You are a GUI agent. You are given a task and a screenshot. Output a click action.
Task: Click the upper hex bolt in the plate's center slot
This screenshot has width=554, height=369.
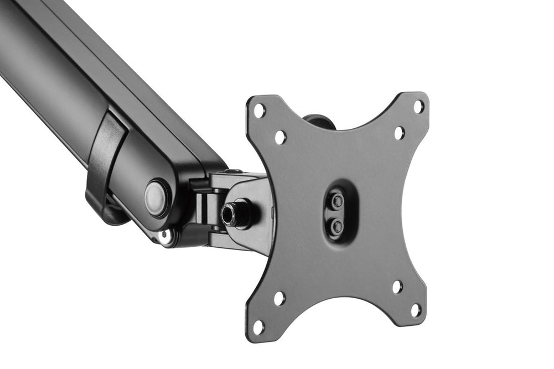tap(336, 201)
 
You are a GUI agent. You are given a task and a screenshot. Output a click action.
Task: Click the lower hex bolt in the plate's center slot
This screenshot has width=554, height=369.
tap(336, 225)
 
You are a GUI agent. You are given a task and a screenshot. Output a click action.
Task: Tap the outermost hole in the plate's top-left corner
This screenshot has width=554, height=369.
tap(259, 111)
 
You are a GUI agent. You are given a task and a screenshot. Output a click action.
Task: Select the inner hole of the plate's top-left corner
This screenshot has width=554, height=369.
tap(281, 137)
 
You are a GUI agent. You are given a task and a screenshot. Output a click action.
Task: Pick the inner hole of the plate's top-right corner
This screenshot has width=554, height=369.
tap(399, 133)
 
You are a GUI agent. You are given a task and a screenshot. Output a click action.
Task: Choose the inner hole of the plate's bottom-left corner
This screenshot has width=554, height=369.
tap(279, 298)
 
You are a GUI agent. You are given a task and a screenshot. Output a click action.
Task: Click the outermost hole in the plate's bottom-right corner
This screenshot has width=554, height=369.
tap(416, 310)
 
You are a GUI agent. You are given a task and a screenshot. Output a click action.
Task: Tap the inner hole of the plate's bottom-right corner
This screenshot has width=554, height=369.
tap(397, 287)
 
